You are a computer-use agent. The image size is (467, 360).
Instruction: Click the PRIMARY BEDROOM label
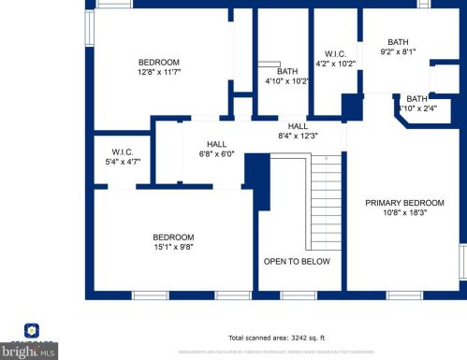pos(404,202)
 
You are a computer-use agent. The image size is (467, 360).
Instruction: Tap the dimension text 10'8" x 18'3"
pos(404,213)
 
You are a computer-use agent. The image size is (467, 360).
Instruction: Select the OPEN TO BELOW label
pos(297,262)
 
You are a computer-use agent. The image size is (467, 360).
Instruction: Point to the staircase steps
pos(328,201)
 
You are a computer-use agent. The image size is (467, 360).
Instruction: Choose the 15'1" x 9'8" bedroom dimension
pos(174,247)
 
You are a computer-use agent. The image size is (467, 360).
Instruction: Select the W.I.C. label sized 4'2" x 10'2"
pos(335,54)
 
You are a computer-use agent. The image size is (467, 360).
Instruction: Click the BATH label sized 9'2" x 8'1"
pos(399,42)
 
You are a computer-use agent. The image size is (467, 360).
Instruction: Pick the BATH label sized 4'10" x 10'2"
pos(287,72)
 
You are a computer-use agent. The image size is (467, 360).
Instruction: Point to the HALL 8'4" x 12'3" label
pos(298,126)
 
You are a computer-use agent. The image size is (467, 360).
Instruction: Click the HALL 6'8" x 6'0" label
pos(216,144)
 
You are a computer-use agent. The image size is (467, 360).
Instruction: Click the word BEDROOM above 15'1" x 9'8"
pos(174,237)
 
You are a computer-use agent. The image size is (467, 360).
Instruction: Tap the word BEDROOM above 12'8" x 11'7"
pos(159,63)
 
